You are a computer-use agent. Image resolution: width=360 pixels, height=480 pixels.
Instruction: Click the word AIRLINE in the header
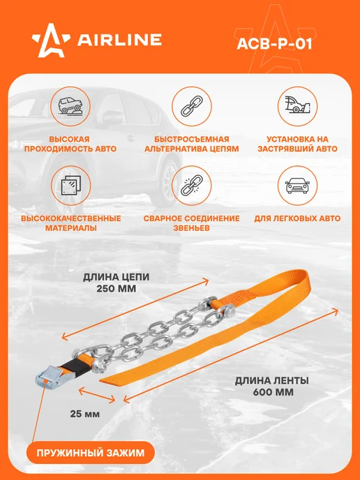[119, 40]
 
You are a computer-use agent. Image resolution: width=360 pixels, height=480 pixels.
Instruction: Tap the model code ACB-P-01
[275, 44]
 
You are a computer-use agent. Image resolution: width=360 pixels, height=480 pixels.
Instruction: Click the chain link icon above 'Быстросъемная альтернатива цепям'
[192, 106]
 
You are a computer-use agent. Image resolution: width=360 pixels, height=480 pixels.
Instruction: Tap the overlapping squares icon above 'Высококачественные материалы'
[71, 186]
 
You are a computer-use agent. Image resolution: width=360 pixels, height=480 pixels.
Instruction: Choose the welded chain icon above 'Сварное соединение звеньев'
[192, 186]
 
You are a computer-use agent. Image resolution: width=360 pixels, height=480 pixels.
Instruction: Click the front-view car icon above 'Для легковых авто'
[297, 186]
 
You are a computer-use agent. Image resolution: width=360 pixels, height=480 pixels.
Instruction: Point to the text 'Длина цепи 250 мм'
[117, 283]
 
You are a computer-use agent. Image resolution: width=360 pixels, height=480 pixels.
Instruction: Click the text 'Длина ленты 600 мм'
[273, 387]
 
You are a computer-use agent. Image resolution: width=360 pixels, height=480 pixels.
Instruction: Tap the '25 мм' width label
[85, 414]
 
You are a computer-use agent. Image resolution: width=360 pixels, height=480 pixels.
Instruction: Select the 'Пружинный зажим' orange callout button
[90, 453]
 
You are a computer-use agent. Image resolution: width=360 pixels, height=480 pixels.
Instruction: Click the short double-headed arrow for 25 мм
[97, 394]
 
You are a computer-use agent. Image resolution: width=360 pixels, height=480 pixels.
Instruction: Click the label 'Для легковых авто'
[297, 218]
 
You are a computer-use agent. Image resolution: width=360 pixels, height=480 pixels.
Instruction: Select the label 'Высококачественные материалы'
[71, 223]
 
